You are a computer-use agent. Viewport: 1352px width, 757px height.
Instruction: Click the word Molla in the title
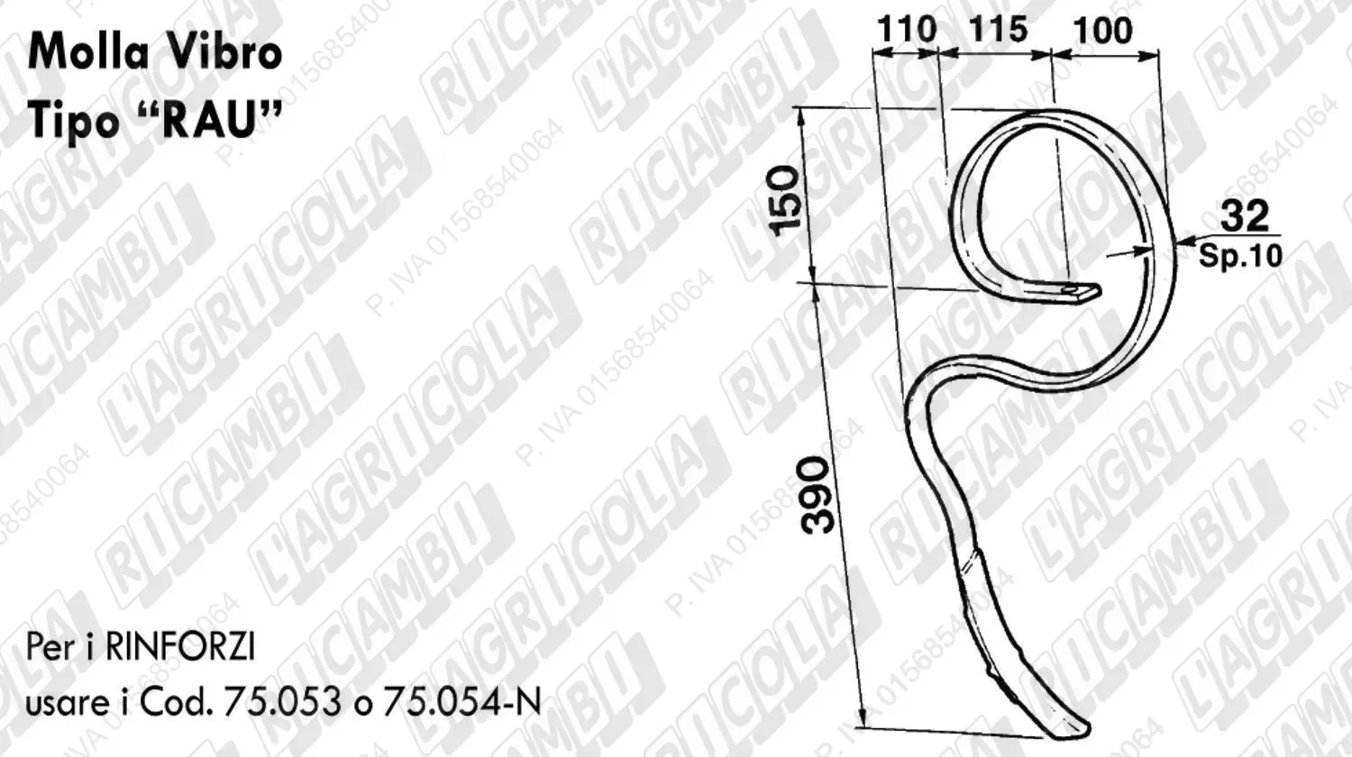click(x=88, y=51)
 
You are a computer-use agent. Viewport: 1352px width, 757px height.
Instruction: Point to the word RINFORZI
click(x=180, y=647)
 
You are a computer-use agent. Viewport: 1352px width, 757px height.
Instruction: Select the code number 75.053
click(x=282, y=703)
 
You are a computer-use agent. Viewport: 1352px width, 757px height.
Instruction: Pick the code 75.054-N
click(x=461, y=703)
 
